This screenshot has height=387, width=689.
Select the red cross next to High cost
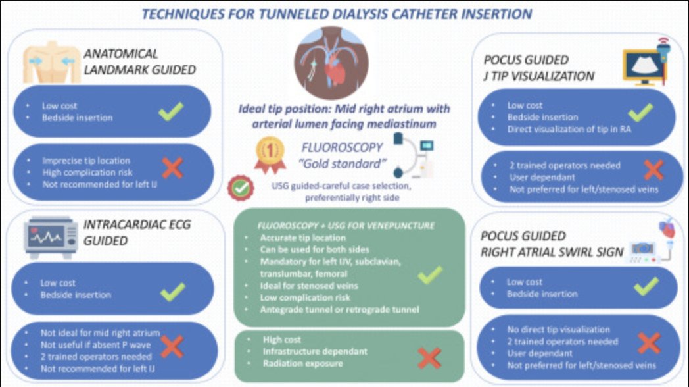pos(429,357)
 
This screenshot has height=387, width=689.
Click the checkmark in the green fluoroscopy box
pos(429,274)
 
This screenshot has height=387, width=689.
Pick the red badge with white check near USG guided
pos(241,188)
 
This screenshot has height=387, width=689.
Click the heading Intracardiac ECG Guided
pos(137,232)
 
